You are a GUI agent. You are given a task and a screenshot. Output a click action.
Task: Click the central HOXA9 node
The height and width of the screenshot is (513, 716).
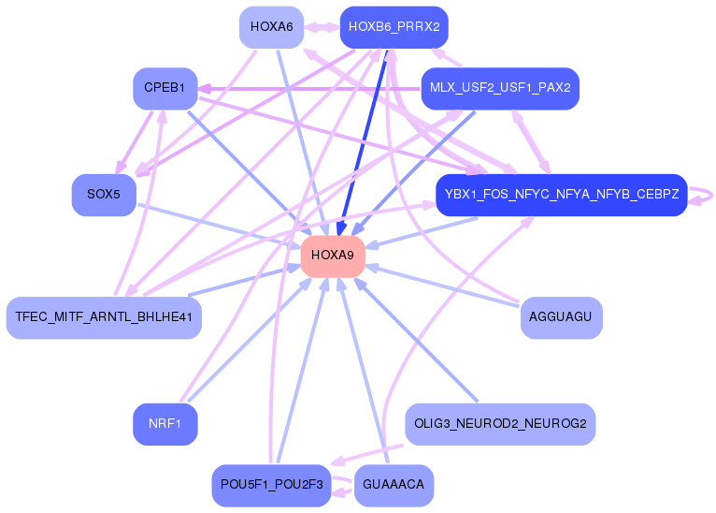(332, 256)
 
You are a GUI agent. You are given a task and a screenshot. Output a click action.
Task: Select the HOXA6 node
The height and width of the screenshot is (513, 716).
(271, 27)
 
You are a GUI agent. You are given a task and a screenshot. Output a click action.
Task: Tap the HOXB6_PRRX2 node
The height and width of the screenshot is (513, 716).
(394, 27)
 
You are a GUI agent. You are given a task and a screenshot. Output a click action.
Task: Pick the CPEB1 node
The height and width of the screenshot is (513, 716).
(165, 88)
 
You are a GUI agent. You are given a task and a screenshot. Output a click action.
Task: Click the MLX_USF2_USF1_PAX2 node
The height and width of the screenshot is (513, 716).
(500, 88)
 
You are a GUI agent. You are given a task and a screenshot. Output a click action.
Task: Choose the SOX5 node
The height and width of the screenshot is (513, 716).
(104, 195)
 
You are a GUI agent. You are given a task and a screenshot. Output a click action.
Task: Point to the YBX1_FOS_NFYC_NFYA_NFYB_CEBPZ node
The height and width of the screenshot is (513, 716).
(561, 195)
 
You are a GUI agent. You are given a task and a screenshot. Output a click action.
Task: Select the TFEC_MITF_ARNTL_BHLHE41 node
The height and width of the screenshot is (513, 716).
(104, 317)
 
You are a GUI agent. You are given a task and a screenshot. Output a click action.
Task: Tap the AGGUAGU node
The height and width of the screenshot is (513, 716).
(561, 317)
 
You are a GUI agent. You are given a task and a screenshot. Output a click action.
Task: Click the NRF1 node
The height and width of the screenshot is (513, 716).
(165, 424)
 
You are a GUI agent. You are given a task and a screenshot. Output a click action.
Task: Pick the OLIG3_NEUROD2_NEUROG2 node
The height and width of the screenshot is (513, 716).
(500, 424)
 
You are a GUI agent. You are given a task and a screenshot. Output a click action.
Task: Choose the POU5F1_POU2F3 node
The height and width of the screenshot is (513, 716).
(271, 485)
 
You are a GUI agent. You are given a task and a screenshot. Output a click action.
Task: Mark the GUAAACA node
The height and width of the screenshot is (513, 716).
(394, 485)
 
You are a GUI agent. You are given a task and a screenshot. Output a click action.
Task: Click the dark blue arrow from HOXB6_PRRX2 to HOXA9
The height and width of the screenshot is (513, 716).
(364, 140)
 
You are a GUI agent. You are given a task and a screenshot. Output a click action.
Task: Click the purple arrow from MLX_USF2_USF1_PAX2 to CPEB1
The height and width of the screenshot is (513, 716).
(308, 89)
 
